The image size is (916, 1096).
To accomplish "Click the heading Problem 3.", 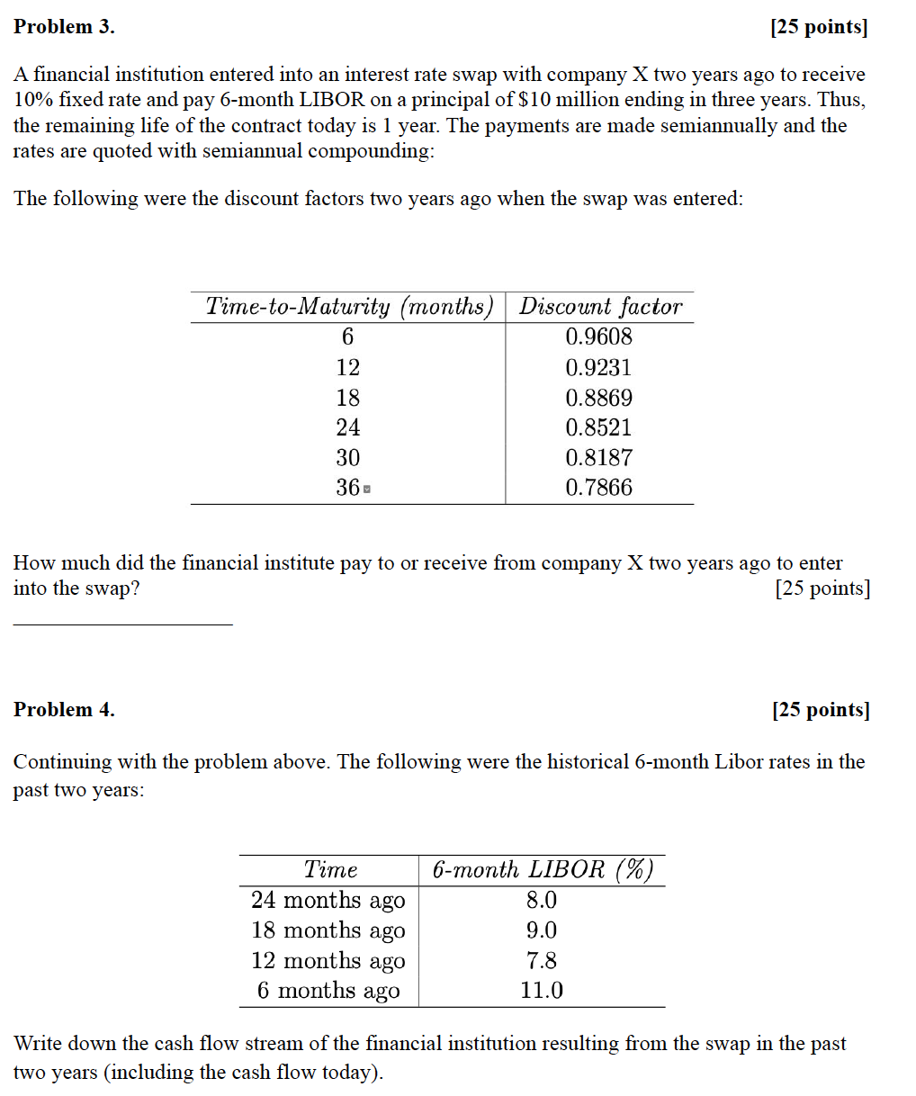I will (x=64, y=27).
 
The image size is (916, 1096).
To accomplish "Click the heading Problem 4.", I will (x=64, y=710).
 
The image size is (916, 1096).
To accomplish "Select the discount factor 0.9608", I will (x=598, y=337).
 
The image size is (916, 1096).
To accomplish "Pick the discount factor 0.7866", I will (x=598, y=488).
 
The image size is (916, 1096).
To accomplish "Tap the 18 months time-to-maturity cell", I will (x=347, y=398).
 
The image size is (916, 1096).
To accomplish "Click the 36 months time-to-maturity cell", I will (x=348, y=488).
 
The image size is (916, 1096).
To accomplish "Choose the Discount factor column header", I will (x=600, y=307).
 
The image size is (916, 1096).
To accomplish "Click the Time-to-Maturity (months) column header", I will (x=349, y=307).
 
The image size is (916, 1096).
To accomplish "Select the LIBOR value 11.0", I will (x=542, y=991).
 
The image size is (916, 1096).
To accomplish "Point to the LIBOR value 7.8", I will (x=542, y=960).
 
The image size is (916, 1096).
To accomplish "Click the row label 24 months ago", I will (x=328, y=900).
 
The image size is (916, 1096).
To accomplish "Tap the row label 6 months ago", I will (x=328, y=991).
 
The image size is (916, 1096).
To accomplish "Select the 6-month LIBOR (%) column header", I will (x=542, y=869).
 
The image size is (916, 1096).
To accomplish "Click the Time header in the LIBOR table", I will (x=330, y=869).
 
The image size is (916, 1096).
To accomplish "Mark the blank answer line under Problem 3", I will (x=122, y=623).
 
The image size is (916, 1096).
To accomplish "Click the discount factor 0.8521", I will (x=598, y=427).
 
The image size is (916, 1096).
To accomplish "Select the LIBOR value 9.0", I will (x=542, y=930).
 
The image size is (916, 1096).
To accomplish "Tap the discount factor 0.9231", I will (x=598, y=367).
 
